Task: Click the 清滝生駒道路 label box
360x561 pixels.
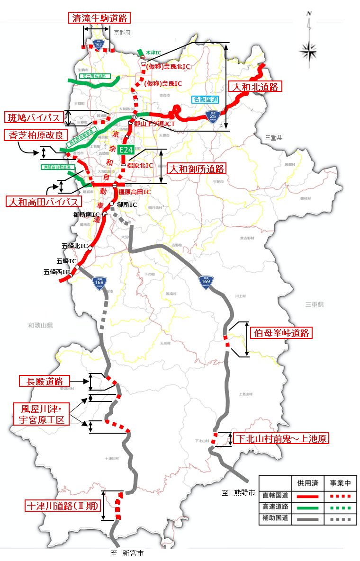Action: click(99, 18)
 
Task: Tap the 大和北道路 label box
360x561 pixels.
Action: click(255, 86)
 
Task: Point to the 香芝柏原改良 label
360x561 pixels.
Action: click(36, 135)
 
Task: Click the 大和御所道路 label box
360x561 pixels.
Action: click(196, 169)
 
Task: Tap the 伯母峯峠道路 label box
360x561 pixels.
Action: click(281, 333)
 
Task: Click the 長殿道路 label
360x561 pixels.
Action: click(45, 381)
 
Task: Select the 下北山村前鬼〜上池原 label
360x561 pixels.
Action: click(281, 439)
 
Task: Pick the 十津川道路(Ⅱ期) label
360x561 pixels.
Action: click(63, 506)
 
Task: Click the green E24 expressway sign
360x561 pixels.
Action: click(126, 150)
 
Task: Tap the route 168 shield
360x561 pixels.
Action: click(99, 283)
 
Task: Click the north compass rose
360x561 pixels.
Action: click(308, 50)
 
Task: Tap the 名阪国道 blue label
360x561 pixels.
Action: click(206, 99)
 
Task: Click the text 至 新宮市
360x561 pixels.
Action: click(127, 552)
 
